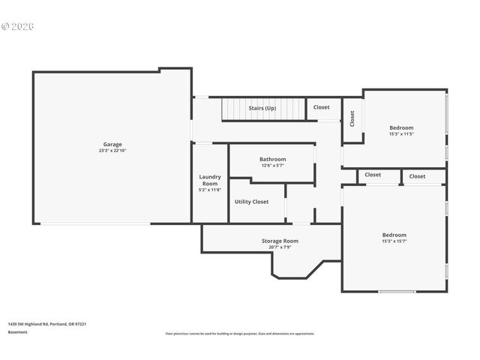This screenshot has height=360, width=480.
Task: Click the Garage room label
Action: pyautogui.click(x=112, y=144)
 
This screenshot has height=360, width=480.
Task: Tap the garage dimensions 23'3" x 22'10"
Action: pyautogui.click(x=112, y=151)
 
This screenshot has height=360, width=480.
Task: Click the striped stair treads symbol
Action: pyautogui.click(x=233, y=110)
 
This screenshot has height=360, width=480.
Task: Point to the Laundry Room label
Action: pyautogui.click(x=209, y=180)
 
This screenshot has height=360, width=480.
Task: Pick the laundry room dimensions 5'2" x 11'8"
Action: pyautogui.click(x=209, y=190)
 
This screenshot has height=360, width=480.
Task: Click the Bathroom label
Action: pyautogui.click(x=272, y=159)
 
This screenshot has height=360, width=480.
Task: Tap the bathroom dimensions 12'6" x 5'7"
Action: pyautogui.click(x=272, y=166)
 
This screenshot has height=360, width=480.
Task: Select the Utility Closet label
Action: pyautogui.click(x=251, y=202)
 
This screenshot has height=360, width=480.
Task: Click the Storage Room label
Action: pyautogui.click(x=280, y=241)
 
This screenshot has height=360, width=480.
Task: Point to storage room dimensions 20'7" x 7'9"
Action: pyautogui.click(x=280, y=247)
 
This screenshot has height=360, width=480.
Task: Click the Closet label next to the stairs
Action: pyautogui.click(x=321, y=107)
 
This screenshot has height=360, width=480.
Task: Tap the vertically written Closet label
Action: pyautogui.click(x=352, y=118)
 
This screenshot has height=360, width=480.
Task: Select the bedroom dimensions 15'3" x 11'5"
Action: pyautogui.click(x=401, y=134)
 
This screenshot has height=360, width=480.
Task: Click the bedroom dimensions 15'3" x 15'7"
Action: pyautogui.click(x=394, y=241)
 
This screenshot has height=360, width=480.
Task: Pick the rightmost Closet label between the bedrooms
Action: pyautogui.click(x=417, y=176)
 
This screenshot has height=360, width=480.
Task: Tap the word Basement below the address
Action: pyautogui.click(x=17, y=331)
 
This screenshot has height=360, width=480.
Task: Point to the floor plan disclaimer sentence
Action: pyautogui.click(x=240, y=334)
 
